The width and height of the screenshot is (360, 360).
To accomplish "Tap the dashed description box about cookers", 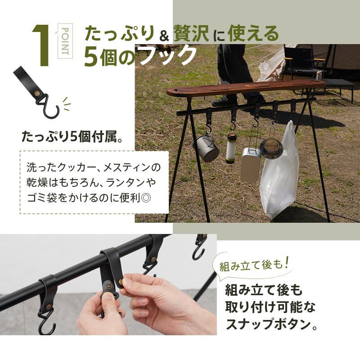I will [x=94, y=182].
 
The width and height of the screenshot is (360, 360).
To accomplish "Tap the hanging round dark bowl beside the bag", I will [x=272, y=148].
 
